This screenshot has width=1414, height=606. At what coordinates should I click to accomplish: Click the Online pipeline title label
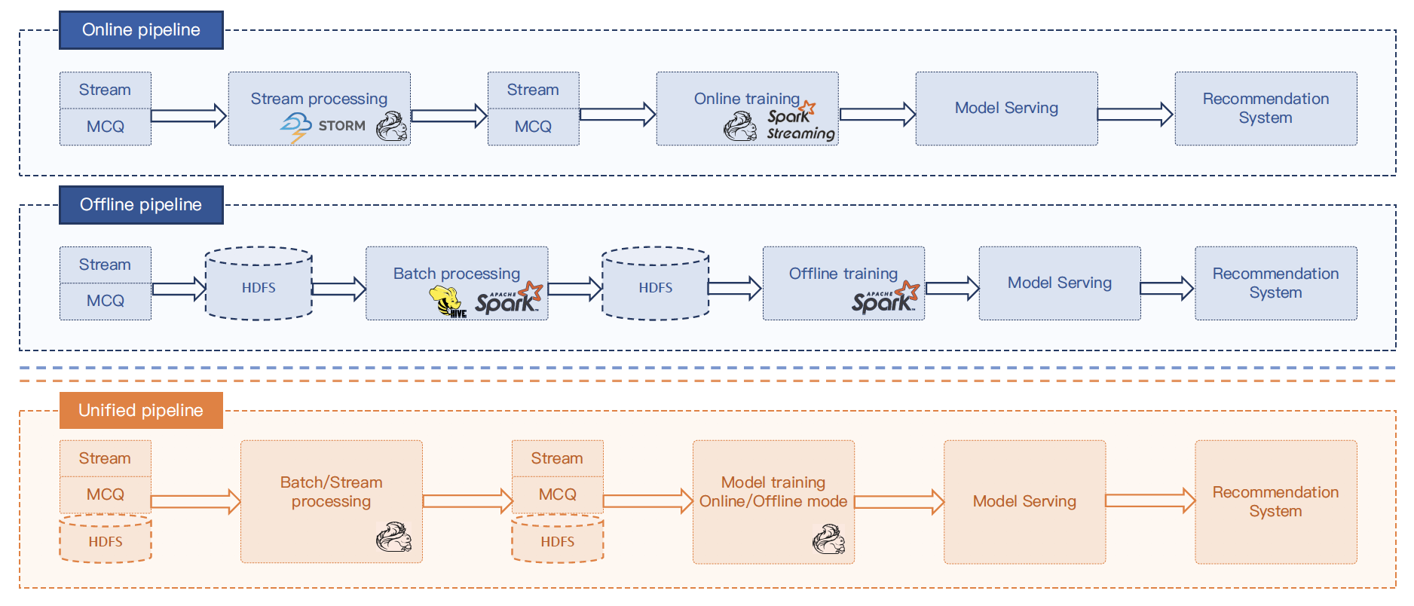pyautogui.click(x=141, y=30)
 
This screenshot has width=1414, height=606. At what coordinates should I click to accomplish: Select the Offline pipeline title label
pyautogui.click(x=141, y=205)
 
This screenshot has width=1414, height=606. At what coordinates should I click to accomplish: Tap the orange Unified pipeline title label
pyautogui.click(x=141, y=411)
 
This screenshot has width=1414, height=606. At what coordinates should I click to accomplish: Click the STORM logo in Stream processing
pyautogui.click(x=323, y=126)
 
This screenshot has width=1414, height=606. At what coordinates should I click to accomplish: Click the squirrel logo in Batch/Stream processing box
pyautogui.click(x=393, y=537)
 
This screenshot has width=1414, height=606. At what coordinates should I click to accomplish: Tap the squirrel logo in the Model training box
pyautogui.click(x=828, y=540)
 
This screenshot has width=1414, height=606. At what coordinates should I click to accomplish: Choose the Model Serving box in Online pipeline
pyautogui.click(x=1006, y=109)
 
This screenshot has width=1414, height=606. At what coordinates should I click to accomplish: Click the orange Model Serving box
pyautogui.click(x=1024, y=502)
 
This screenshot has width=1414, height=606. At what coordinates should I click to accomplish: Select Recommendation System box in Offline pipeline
pyautogui.click(x=1275, y=283)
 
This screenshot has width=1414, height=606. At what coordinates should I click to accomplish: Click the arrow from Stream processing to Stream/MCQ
pyautogui.click(x=449, y=115)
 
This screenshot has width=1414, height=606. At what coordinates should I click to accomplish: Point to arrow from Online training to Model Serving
pyautogui.click(x=877, y=115)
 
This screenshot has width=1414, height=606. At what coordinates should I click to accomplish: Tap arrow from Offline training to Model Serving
pyautogui.click(x=952, y=288)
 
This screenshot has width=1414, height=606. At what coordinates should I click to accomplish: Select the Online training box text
pyautogui.click(x=746, y=99)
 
